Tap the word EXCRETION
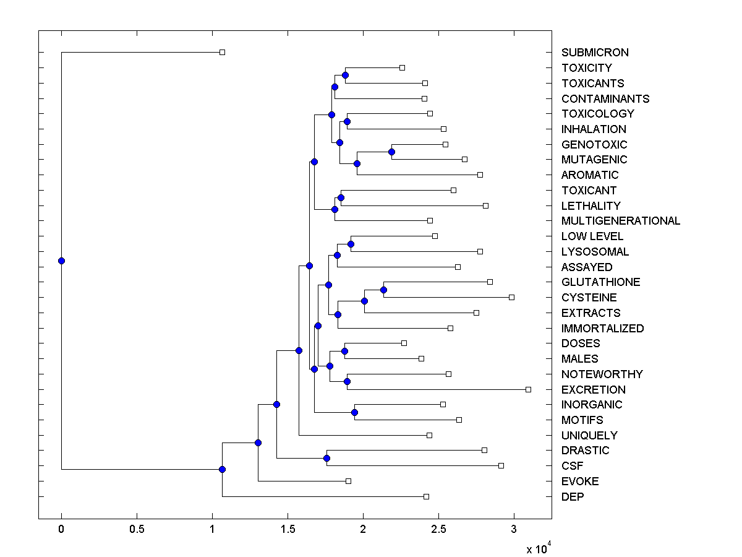click(593, 390)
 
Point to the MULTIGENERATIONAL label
click(621, 221)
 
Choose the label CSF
click(572, 466)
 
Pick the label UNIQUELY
click(589, 436)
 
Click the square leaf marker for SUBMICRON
click(223, 53)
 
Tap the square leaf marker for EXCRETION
click(528, 389)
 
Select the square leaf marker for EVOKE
click(348, 481)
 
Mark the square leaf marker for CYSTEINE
click(511, 298)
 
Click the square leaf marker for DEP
click(426, 496)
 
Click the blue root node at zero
click(61, 261)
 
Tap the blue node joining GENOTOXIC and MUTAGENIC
click(391, 152)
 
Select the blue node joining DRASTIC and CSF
click(326, 458)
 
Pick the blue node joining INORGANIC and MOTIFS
click(354, 412)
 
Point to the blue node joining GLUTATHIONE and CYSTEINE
click(383, 290)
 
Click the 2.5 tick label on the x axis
click(438, 530)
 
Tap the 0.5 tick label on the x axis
click(137, 530)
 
